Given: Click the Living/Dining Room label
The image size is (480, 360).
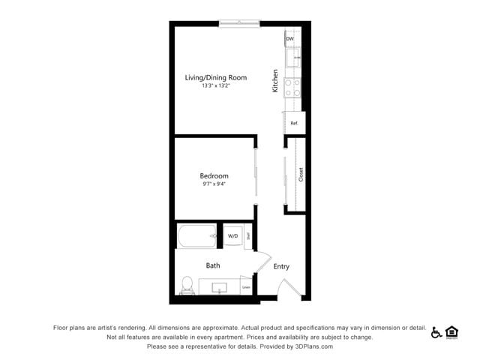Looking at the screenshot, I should click(216, 77).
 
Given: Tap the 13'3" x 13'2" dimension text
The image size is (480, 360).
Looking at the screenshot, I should click(216, 85).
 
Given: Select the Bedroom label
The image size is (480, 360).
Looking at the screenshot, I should click(214, 176).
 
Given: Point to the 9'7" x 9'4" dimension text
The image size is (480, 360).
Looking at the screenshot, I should click(214, 184).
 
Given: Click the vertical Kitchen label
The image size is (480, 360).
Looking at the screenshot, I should click(275, 81).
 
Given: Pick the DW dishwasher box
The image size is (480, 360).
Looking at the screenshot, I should click(289, 38).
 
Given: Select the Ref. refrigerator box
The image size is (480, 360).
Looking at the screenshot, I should click(295, 122).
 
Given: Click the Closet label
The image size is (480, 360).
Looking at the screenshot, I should click(301, 175).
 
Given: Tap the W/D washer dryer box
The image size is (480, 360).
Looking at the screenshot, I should click(232, 236).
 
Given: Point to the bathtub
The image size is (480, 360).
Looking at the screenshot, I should click(197, 236).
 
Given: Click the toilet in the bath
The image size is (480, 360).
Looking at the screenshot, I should click(187, 285).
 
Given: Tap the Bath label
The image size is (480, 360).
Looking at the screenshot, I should click(213, 265).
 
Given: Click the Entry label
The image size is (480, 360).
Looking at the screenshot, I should click(281, 266).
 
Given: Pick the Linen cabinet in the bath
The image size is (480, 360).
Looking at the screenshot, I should click(246, 286).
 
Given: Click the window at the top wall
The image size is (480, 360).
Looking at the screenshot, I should click(240, 23).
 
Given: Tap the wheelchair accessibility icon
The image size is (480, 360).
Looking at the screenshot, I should click(436, 332).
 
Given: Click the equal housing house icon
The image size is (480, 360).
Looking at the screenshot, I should click(451, 332).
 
